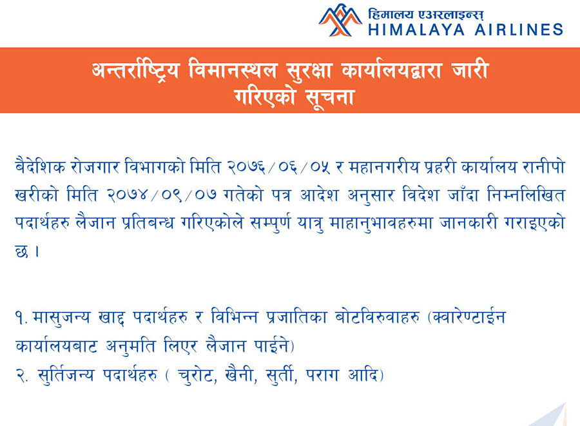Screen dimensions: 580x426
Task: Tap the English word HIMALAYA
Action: [416, 30]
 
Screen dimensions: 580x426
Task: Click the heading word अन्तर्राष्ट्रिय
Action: [136, 70]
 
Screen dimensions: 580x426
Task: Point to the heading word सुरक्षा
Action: [309, 70]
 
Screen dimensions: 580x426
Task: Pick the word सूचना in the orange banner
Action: [330, 97]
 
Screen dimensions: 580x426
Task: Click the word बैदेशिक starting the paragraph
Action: [41, 167]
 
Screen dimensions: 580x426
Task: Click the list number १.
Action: [22, 318]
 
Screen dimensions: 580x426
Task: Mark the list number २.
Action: [22, 376]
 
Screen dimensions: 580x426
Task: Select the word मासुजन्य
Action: [61, 318]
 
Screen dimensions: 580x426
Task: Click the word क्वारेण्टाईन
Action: [469, 318]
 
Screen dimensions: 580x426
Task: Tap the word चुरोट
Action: [197, 376]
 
